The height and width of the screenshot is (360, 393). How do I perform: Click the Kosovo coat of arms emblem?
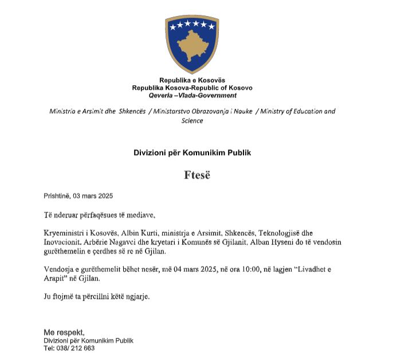coord(192,45)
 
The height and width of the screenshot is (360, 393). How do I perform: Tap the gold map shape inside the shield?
coord(192,48)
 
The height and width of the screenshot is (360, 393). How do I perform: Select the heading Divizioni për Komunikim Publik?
coord(192,153)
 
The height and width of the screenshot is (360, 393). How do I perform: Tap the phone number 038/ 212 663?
coord(76,348)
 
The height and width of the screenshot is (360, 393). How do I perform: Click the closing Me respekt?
coord(64,333)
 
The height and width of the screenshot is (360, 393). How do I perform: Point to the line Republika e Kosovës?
coord(192,81)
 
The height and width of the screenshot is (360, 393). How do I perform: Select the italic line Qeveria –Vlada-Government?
coord(192,96)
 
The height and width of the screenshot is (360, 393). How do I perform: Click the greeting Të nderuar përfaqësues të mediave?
coord(99,215)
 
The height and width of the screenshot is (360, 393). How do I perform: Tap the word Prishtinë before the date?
coord(57,196)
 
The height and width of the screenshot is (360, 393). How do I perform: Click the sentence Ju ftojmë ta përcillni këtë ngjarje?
coord(96,297)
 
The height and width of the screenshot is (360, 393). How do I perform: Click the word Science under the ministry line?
coord(192,121)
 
